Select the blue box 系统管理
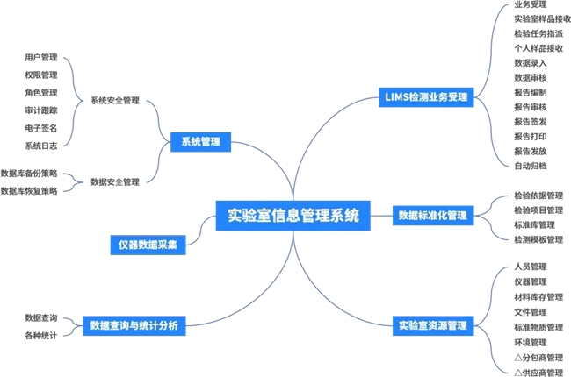[200, 141]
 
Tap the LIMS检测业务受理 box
[426, 96]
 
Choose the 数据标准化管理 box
[433, 215]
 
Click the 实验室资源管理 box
[432, 325]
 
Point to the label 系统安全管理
[115, 101]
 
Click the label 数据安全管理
[115, 182]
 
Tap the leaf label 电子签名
[41, 128]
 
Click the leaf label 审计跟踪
[41, 110]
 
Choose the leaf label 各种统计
[41, 335]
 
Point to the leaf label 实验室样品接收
[542, 18]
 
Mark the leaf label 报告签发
[531, 121]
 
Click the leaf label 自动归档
[531, 165]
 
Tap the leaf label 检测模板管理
[538, 239]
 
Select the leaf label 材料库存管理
[538, 296]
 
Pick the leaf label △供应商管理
[538, 372]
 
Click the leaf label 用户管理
[41, 58]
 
